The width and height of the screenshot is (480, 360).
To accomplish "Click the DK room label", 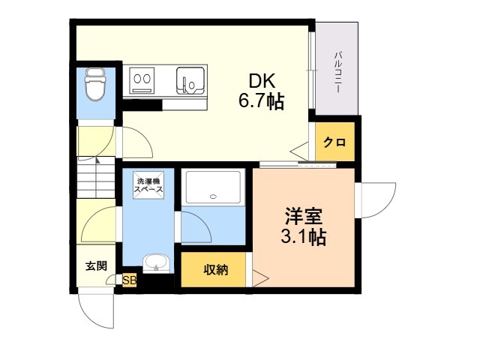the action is (262, 81).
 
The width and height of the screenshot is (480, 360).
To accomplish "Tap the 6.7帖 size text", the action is (262, 101).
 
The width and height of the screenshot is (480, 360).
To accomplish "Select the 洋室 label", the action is (303, 216).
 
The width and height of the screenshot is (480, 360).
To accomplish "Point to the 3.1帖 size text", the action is (303, 236).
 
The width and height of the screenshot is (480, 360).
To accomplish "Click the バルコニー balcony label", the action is (338, 73).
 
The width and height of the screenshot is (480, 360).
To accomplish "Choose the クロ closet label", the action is (334, 142).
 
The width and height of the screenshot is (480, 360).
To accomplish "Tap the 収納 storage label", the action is (216, 270).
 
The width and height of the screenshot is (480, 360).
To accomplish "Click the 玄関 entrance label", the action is (96, 265).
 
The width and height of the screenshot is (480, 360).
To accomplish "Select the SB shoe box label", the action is (130, 280).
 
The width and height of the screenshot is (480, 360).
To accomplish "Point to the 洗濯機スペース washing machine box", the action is (148, 185).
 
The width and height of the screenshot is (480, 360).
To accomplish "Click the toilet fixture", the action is (95, 85).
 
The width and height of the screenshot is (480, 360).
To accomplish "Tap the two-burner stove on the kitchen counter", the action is (142, 80).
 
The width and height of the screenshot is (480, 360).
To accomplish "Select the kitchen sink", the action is (190, 80).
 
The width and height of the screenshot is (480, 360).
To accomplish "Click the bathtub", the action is (213, 187).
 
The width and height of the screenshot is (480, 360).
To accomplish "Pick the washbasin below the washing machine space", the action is (157, 263).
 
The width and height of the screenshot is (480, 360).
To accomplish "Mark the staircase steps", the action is (96, 177).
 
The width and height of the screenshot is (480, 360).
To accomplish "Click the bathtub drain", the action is (213, 196).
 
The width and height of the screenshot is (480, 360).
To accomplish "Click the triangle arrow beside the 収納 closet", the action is (259, 278).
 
